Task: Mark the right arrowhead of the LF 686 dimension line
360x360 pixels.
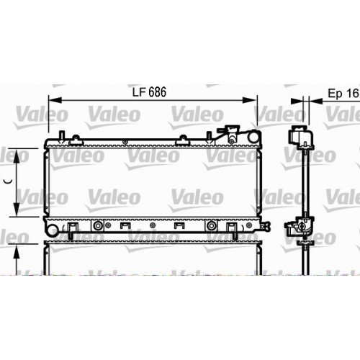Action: pos(254,101)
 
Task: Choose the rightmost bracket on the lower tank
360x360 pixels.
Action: pos(232,228)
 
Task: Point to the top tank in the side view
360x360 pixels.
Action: pos(299,138)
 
